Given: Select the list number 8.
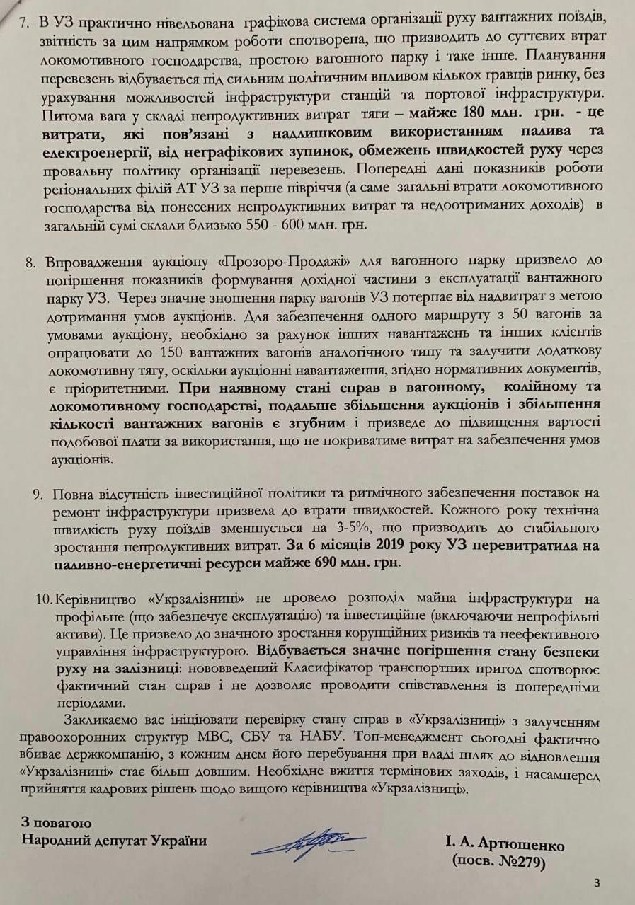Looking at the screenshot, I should [x=30, y=263].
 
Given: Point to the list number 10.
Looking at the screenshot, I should [x=42, y=599].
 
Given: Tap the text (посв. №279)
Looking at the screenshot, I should [x=498, y=862].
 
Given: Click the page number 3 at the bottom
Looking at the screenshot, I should [x=597, y=882].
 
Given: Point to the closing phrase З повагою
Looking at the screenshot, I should [x=57, y=823].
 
